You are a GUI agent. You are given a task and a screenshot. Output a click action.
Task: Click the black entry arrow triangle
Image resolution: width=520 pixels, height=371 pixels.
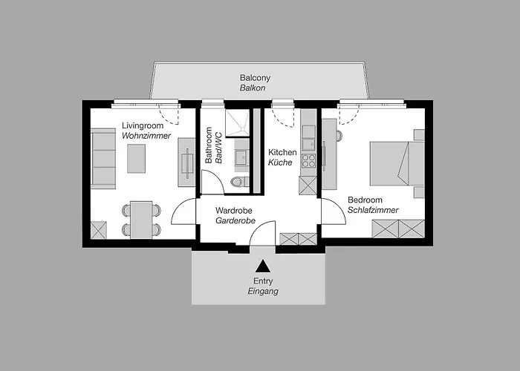click(x=262, y=266)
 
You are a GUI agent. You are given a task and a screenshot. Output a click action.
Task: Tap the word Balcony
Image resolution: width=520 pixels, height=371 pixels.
click(x=255, y=78)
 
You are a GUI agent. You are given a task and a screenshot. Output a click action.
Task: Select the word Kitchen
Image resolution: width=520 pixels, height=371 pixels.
click(x=283, y=152)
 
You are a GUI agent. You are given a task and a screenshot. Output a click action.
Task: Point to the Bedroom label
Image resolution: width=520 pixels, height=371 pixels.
click(x=365, y=200)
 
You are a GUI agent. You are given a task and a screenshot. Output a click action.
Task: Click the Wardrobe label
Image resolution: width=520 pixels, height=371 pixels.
click(x=234, y=210)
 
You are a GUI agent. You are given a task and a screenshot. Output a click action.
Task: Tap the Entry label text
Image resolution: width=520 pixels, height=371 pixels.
click(x=263, y=281)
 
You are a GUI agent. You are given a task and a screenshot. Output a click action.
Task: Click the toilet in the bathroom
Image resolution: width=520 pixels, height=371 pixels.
click(x=237, y=181)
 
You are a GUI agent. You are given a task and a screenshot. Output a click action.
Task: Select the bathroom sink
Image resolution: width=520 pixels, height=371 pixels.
click(x=241, y=157)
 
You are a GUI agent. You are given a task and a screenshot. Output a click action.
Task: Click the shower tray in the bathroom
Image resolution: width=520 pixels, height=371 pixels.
click(x=238, y=124)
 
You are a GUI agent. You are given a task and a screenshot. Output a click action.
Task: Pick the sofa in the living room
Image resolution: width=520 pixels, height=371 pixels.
click(x=103, y=158)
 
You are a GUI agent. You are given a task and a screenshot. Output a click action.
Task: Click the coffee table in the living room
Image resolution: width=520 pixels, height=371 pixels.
click(x=136, y=158)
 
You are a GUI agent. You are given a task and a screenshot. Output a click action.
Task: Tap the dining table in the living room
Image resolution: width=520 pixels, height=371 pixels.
click(x=141, y=218)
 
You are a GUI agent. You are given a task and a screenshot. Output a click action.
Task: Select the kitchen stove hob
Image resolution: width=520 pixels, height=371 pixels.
click(x=308, y=157)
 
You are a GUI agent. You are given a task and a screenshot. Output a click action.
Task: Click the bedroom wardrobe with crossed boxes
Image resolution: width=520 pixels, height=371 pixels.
click(x=397, y=229)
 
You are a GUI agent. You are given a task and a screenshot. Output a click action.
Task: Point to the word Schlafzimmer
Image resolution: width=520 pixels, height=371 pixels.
click(x=372, y=210)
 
